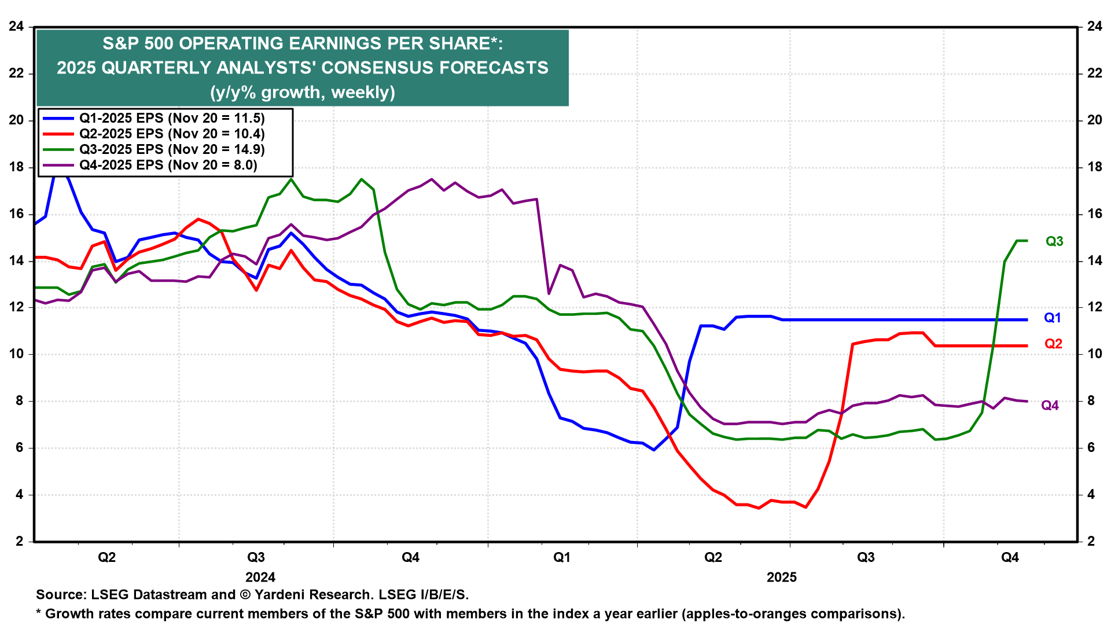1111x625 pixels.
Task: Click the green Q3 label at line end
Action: tap(1054, 241)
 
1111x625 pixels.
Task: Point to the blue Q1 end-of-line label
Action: tap(1052, 318)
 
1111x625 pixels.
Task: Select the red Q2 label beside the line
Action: tap(1053, 344)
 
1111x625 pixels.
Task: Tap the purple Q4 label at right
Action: tap(1050, 405)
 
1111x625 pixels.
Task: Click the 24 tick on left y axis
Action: tap(16, 26)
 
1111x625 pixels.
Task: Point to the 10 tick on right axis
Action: tap(1094, 354)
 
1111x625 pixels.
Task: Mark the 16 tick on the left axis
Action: tap(16, 214)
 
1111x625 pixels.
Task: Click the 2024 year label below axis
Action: tap(260, 577)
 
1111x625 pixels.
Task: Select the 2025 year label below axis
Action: tap(781, 577)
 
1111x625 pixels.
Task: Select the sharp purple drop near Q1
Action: tap(543, 249)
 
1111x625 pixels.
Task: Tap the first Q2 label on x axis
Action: tap(106, 557)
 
